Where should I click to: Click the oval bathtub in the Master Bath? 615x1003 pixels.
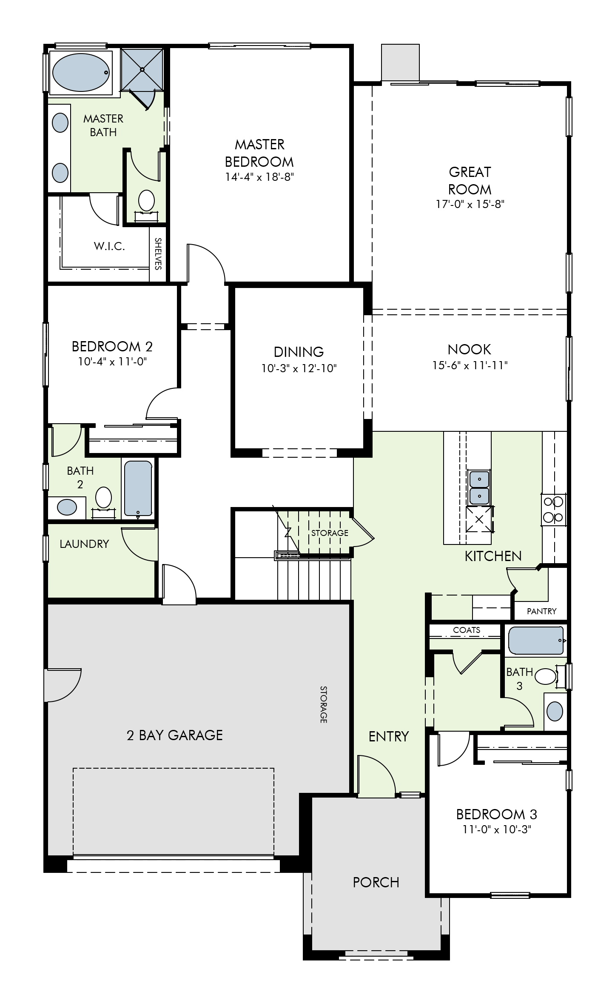tap(80, 72)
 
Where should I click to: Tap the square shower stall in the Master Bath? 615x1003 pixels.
tap(142, 70)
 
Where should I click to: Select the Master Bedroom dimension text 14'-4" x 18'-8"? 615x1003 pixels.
tap(259, 177)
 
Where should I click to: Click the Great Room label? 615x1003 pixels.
tap(470, 180)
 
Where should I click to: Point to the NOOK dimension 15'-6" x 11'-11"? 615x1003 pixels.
tap(470, 365)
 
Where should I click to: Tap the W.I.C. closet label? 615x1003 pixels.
tap(109, 246)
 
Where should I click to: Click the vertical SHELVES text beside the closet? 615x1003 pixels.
tap(158, 254)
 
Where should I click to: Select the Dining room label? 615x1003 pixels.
tap(299, 352)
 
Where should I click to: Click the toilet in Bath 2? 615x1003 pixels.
tap(103, 499)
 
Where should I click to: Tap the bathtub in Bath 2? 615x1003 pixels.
tap(138, 489)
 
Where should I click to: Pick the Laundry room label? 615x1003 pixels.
tap(84, 544)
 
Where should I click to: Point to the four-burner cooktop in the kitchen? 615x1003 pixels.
tap(553, 509)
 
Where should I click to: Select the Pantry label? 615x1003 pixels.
tap(541, 611)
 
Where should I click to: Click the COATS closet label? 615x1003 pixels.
tap(467, 630)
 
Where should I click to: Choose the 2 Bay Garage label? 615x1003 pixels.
tap(175, 735)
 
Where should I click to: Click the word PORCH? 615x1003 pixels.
tap(376, 882)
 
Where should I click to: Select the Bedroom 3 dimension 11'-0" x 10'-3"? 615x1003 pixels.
tap(497, 829)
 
